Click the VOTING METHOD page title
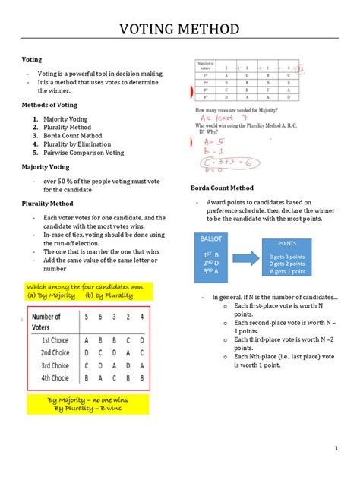(x=180, y=30)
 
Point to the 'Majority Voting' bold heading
(x=46, y=166)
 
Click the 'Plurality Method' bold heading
(x=47, y=204)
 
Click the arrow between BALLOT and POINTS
(x=247, y=257)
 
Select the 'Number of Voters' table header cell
(x=51, y=321)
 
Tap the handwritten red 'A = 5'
(x=210, y=141)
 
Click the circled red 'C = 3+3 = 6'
(x=221, y=163)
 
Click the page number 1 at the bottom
(x=335, y=448)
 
